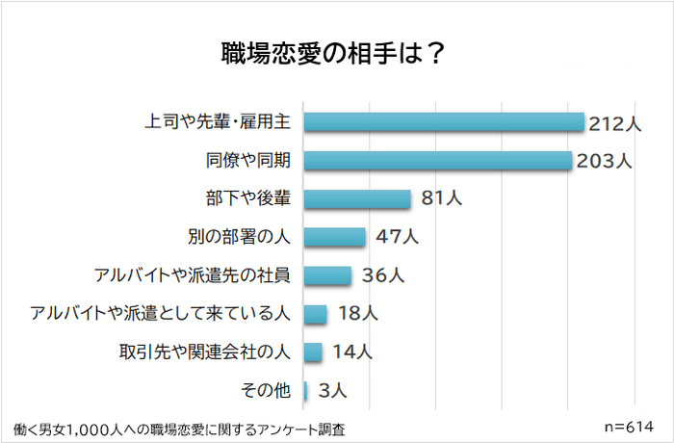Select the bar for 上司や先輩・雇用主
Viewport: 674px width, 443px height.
(x=444, y=122)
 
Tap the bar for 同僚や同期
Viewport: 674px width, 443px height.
(x=438, y=160)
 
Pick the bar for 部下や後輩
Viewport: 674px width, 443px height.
(x=357, y=198)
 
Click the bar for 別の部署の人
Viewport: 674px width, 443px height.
(x=335, y=237)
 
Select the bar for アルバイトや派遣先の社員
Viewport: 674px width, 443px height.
(x=327, y=275)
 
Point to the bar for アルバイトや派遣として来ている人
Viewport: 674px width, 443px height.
(x=316, y=314)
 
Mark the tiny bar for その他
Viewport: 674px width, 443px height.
(x=305, y=390)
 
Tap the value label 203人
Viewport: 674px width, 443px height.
(x=604, y=161)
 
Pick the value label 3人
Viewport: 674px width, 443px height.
(x=331, y=391)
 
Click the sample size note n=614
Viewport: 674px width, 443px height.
(x=626, y=425)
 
